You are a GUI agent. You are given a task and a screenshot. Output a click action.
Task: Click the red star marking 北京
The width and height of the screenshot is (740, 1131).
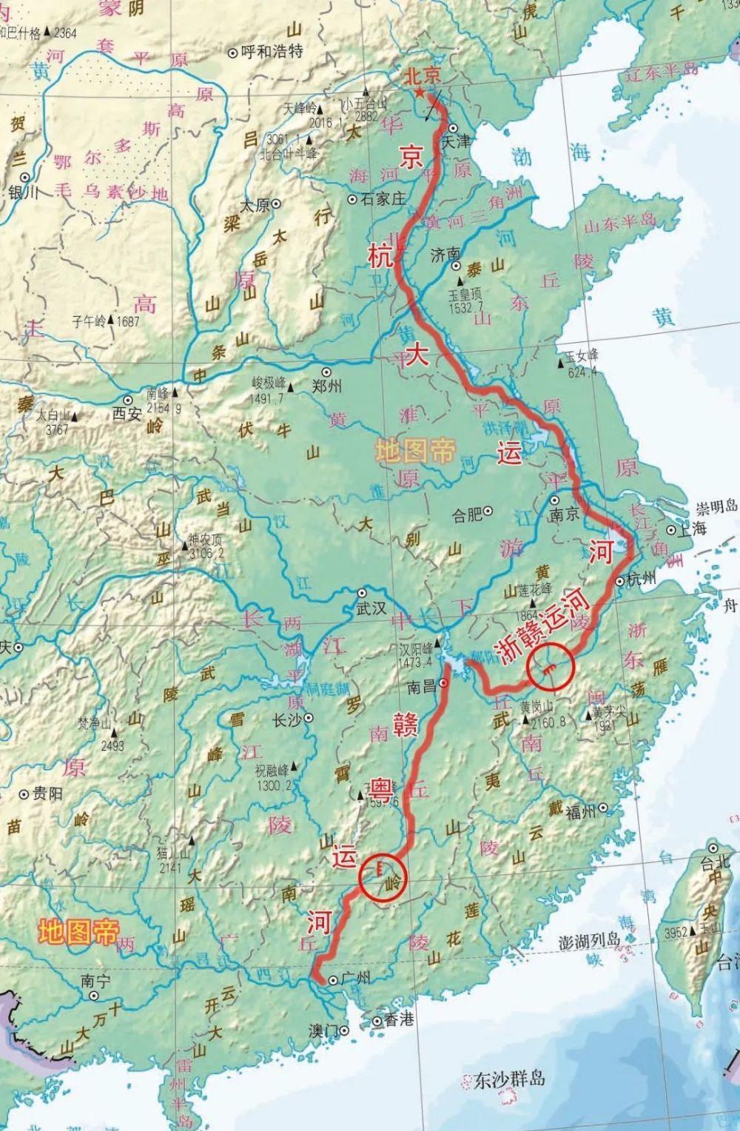(x=420, y=93)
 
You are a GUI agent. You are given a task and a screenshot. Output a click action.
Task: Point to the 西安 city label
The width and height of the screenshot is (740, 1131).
(x=127, y=415)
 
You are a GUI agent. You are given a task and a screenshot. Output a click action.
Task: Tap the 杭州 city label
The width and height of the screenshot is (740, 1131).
(x=642, y=579)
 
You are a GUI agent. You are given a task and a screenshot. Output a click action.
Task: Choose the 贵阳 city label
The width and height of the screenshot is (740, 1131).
(x=47, y=794)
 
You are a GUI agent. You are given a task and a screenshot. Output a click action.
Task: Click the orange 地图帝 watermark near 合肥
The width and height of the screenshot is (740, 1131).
(x=414, y=450)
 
